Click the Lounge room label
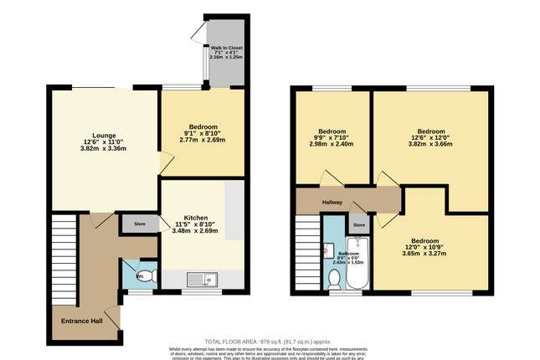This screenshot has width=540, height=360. pos(104,136)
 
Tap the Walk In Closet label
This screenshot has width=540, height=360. pos(226,48)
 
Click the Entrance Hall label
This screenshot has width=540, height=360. pos(81,320)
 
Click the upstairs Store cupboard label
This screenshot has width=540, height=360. pos(359,224)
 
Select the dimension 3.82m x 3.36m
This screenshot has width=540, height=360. pos(104,149)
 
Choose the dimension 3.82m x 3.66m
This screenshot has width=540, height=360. pos(431,144)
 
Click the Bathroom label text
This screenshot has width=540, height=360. pos(348,254)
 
